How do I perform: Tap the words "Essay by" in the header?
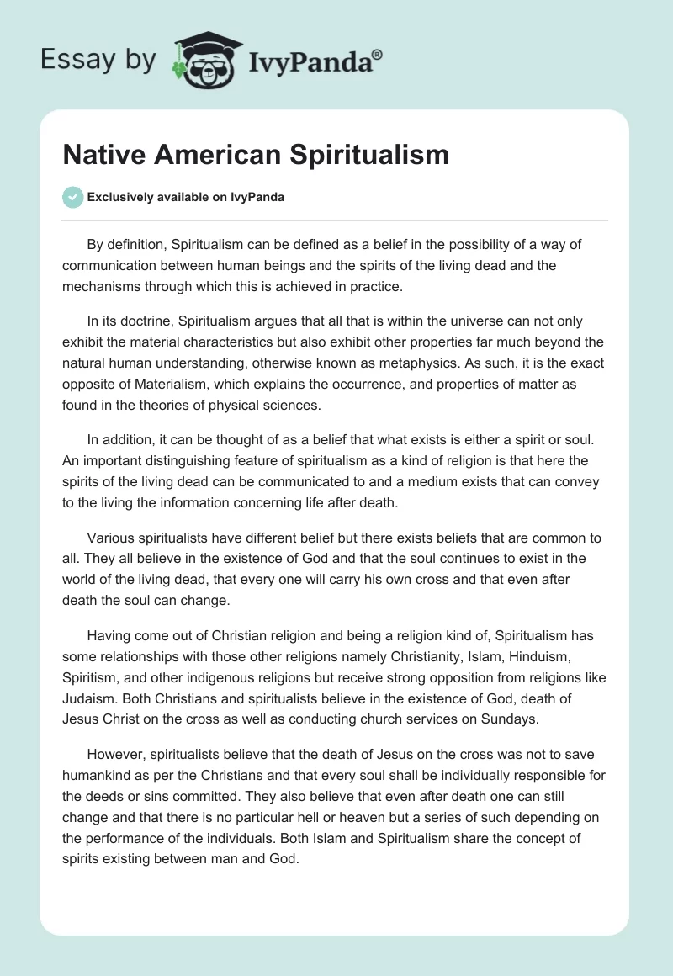pos(98,60)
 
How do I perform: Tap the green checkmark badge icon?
pos(72,197)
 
